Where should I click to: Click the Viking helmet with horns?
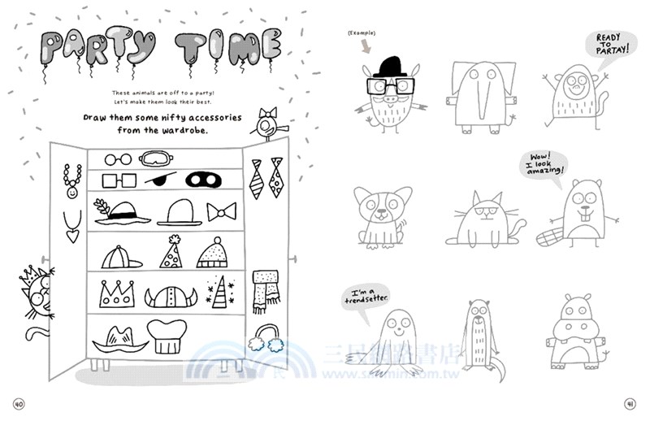171,296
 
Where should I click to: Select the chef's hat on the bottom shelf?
167,336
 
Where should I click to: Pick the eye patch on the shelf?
161,179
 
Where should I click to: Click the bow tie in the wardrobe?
221,212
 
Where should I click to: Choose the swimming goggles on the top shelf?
158,158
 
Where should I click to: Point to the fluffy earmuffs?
265,336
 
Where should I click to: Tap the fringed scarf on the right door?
265,291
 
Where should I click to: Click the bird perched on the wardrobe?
266,124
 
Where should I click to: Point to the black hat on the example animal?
392,66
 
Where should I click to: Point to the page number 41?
629,405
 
